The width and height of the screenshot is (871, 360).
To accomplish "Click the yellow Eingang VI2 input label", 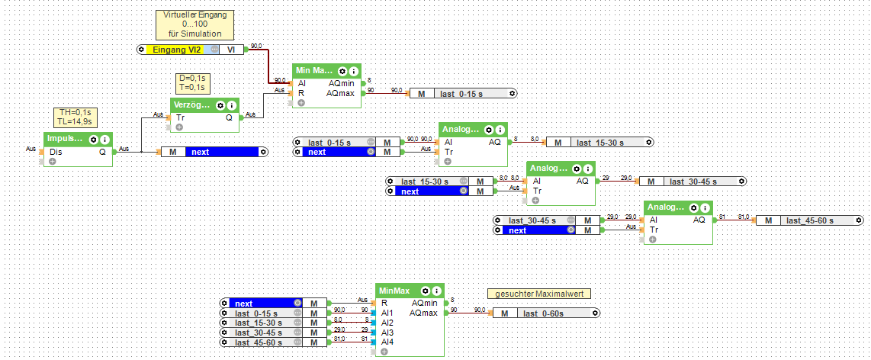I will coord(176,50).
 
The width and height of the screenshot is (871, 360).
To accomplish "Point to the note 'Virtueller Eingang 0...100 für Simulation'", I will coord(194,24).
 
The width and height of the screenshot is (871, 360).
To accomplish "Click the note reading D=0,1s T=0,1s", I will coord(192,83).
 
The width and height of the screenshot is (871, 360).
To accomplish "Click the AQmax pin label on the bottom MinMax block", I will coord(423,313).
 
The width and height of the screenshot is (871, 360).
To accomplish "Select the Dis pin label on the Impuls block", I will coord(56,152).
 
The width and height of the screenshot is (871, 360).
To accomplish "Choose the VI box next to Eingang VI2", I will coord(231,50).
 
